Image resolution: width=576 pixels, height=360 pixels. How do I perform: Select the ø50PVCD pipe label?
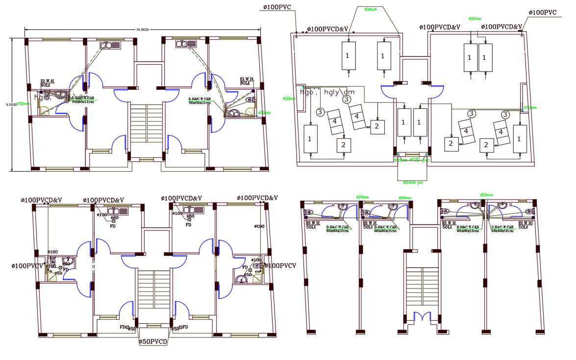click(x=153, y=341)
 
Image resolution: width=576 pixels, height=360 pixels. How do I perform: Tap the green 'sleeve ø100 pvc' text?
click(x=412, y=160)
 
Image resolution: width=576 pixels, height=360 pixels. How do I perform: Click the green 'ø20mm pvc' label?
click(x=413, y=182)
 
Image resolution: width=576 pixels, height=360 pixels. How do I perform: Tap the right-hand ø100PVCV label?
click(x=280, y=266)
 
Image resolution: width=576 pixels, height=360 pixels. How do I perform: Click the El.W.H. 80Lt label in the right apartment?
click(x=247, y=81)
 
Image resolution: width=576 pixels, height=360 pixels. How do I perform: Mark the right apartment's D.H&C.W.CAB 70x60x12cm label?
click(x=200, y=101)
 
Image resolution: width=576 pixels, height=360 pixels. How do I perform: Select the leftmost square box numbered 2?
click(x=344, y=145)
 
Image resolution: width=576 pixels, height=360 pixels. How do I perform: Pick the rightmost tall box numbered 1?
click(x=520, y=139)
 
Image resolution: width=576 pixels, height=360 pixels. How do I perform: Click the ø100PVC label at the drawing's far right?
click(x=543, y=13)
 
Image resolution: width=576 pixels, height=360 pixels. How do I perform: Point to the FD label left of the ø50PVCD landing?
click(x=123, y=327)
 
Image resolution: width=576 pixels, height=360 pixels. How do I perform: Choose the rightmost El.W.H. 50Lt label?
click(x=524, y=225)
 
